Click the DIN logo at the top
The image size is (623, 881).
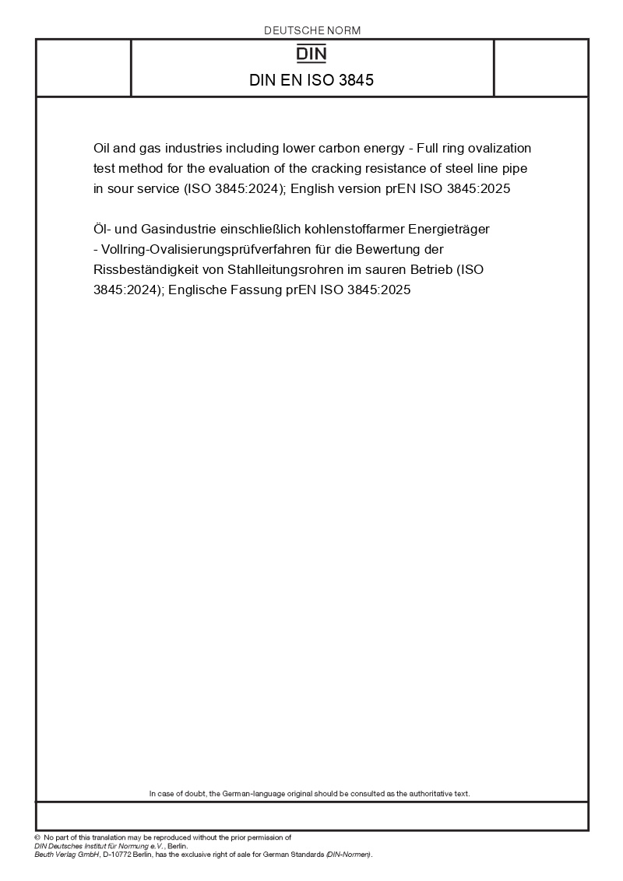pyautogui.click(x=312, y=54)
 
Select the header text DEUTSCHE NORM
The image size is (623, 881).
pyautogui.click(x=312, y=30)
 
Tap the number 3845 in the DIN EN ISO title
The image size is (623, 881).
pyautogui.click(x=356, y=79)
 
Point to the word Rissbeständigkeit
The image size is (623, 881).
pyautogui.click(x=143, y=269)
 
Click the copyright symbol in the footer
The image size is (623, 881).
pyautogui.click(x=37, y=837)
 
